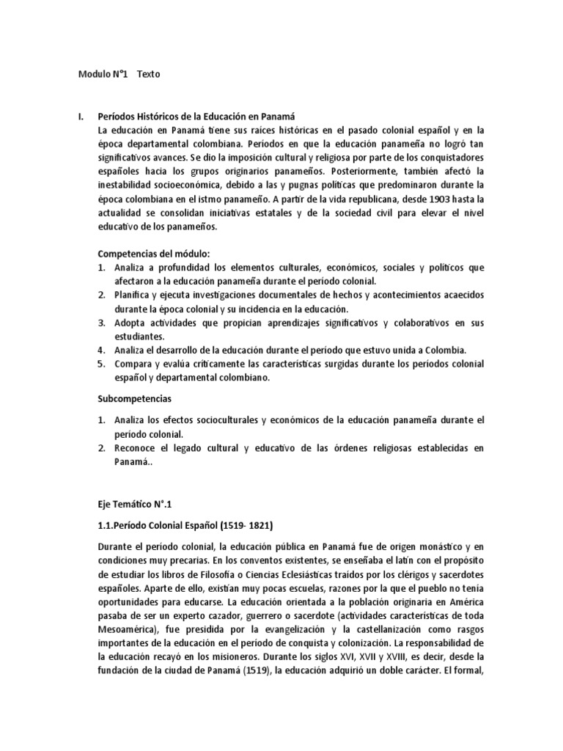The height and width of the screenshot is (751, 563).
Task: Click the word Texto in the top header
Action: [148, 74]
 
